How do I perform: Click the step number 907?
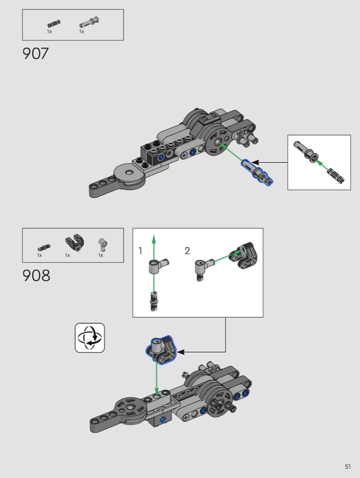(36, 53)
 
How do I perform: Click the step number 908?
(36, 275)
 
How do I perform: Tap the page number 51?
(348, 467)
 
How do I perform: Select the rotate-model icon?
(90, 338)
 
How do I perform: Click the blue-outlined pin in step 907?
(257, 172)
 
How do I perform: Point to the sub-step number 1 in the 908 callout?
(140, 250)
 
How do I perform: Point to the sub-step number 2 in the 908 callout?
(187, 250)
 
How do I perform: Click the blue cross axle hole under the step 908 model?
(163, 419)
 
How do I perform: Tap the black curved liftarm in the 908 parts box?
(75, 243)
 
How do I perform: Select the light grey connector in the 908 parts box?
(103, 245)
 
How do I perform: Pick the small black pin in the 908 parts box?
(44, 247)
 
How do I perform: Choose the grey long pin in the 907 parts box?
(89, 23)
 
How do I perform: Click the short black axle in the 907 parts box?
(54, 24)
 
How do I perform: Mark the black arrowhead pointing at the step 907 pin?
(255, 163)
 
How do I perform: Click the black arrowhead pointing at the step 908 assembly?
(181, 352)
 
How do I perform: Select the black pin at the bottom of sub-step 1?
(154, 301)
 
